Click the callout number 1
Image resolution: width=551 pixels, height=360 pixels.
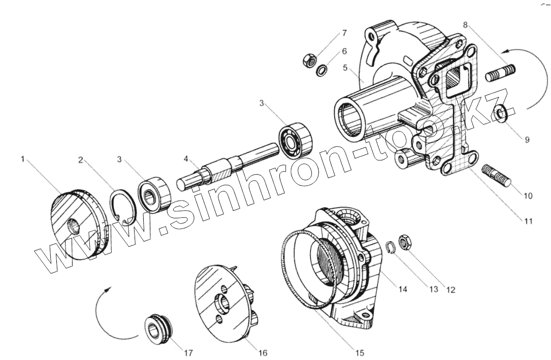coord(23,159)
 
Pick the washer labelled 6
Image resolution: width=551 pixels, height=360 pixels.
coord(322,71)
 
